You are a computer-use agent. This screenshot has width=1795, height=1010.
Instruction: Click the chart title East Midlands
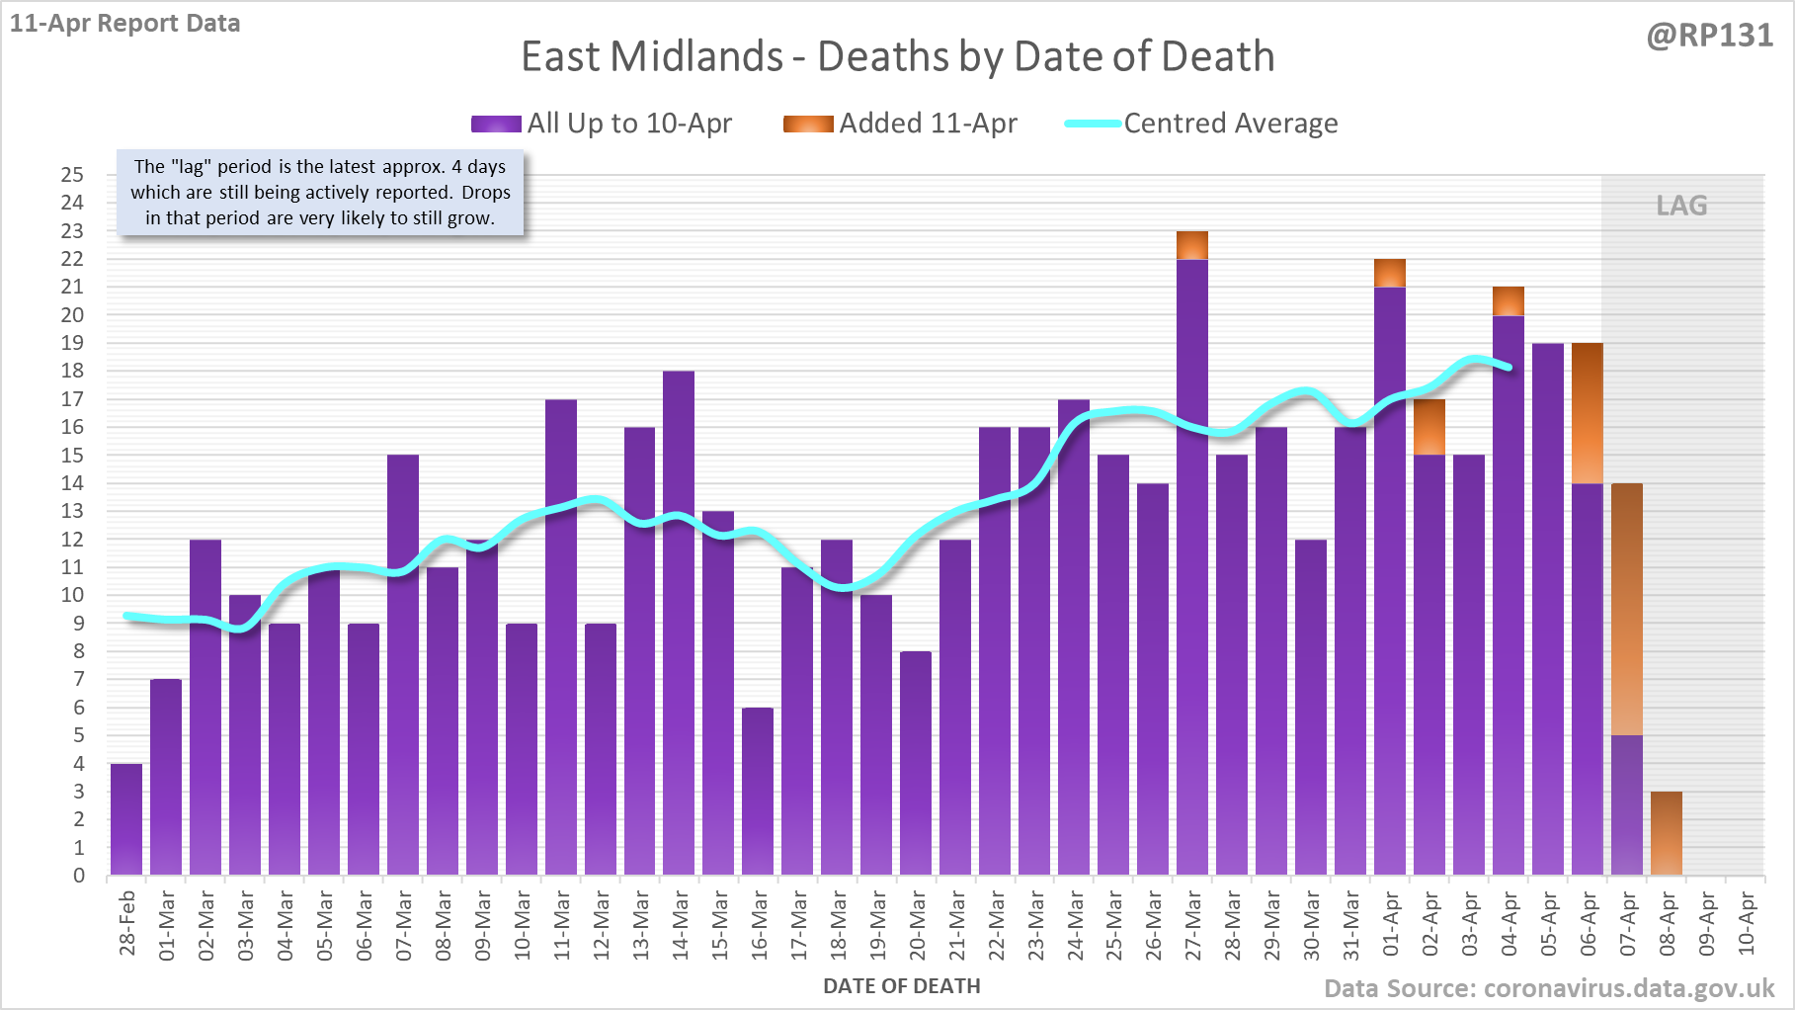pyautogui.click(x=897, y=56)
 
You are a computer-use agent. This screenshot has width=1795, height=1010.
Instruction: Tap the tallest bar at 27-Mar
pyautogui.click(x=1192, y=563)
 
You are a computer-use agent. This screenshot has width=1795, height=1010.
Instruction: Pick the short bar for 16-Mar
pyautogui.click(x=758, y=791)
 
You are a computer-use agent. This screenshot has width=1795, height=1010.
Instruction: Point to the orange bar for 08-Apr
pyautogui.click(x=1667, y=833)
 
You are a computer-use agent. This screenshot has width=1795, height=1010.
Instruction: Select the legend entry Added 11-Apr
pyautogui.click(x=900, y=124)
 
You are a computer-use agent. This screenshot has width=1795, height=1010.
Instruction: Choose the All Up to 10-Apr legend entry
pyautogui.click(x=602, y=124)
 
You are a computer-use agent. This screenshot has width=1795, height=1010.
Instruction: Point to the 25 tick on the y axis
pyautogui.click(x=73, y=175)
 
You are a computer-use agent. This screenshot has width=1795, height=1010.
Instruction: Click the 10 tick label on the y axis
pyautogui.click(x=73, y=595)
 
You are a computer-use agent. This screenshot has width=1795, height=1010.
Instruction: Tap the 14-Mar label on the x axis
pyautogui.click(x=680, y=924)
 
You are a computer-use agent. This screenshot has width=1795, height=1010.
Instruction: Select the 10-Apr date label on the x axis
pyautogui.click(x=1746, y=924)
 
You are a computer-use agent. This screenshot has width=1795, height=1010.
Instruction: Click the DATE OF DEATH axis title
pyautogui.click(x=901, y=986)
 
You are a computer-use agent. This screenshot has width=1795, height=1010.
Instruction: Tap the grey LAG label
pyautogui.click(x=1681, y=206)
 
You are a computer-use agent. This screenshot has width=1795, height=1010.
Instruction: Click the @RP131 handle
pyautogui.click(x=1709, y=36)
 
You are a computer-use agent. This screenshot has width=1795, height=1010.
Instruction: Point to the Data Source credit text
pyautogui.click(x=1548, y=988)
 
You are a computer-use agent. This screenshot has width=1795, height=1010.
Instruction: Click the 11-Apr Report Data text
pyautogui.click(x=125, y=24)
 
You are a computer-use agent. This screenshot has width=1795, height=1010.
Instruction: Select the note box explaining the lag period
pyautogui.click(x=320, y=193)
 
